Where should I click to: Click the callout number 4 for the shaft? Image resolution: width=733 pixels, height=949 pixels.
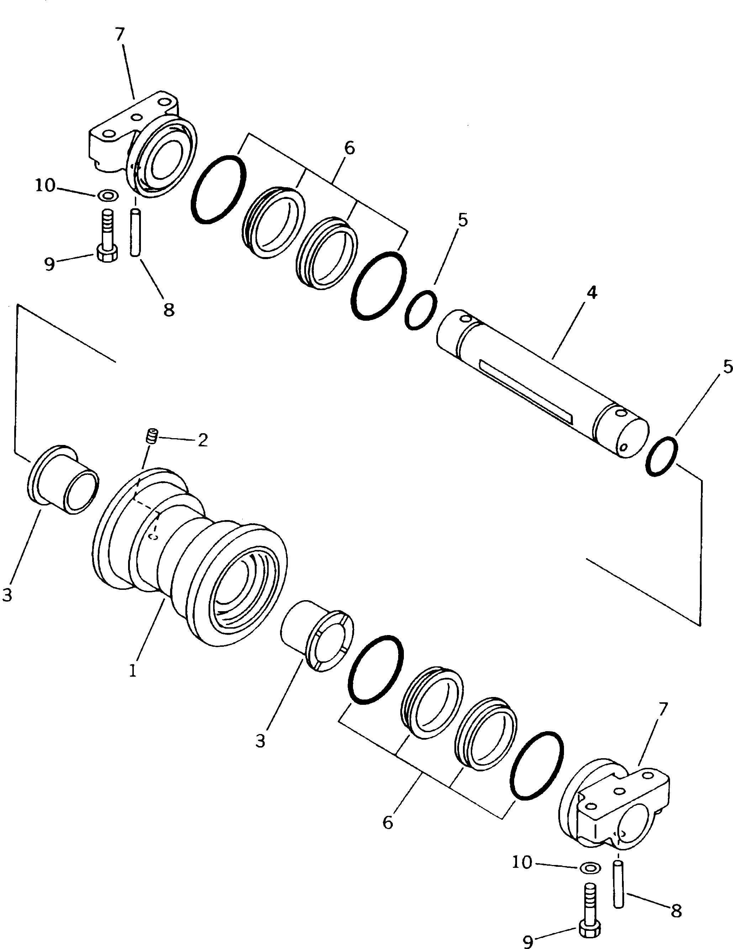point(591,293)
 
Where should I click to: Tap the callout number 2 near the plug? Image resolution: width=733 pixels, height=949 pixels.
point(203,440)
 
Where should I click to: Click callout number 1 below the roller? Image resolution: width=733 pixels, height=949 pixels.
point(132,671)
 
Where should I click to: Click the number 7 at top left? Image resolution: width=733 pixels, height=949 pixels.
point(120,34)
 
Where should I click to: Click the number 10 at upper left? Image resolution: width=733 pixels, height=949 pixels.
point(45,186)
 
